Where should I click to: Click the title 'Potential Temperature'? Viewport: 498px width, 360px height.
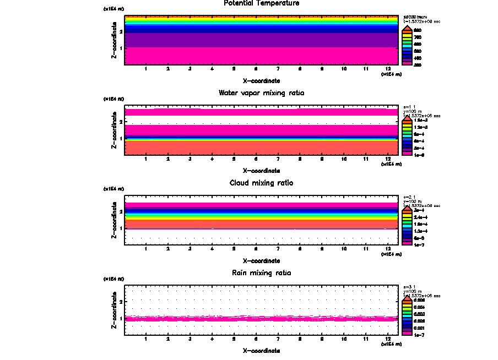[x=262, y=3]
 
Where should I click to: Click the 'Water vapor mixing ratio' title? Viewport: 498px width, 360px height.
[x=262, y=93]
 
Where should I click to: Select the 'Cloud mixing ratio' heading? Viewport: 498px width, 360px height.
[x=262, y=183]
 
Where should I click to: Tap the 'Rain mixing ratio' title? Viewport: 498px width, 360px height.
[x=262, y=273]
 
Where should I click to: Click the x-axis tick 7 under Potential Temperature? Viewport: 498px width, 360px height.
[x=278, y=69]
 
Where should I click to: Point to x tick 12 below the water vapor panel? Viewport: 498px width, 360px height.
[x=388, y=159]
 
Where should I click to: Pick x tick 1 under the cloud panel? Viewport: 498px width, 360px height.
[x=146, y=249]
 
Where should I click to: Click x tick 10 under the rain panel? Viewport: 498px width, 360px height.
[x=344, y=339]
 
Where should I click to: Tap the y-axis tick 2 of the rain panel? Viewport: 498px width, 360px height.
[x=121, y=302]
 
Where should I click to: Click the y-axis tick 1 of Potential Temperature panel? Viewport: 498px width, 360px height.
[x=121, y=48]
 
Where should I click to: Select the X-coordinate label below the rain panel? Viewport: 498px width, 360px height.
[x=262, y=351]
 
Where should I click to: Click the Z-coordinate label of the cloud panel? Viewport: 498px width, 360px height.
[x=114, y=222]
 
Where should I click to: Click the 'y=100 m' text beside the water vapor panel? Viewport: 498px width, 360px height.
[x=412, y=111]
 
